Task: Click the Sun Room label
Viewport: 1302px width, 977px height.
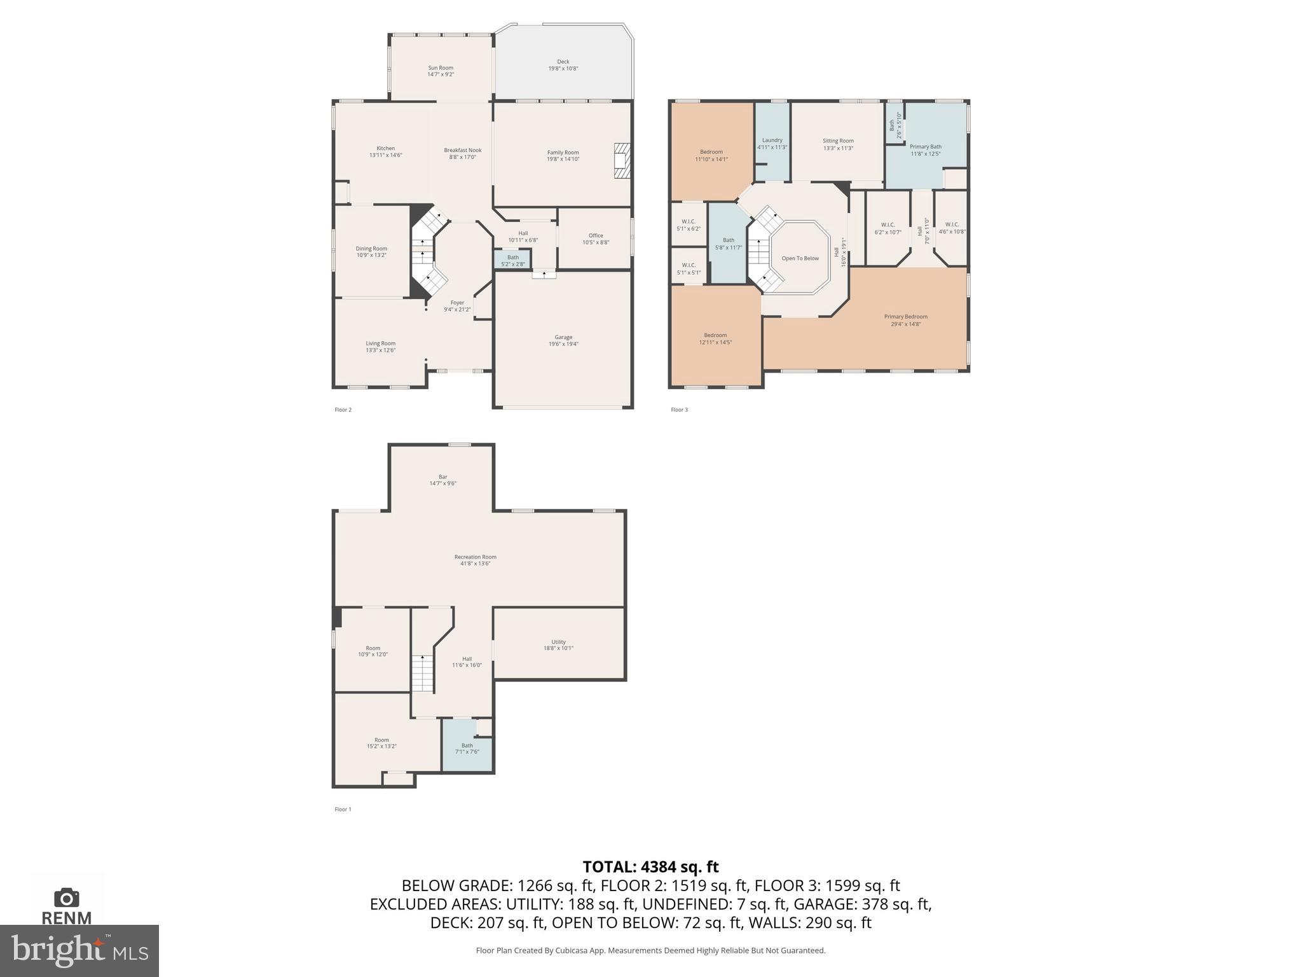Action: click(441, 71)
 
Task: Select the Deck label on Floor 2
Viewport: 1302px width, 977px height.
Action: click(563, 65)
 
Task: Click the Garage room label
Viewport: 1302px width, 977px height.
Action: click(563, 340)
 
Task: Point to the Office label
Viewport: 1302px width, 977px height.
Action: click(596, 239)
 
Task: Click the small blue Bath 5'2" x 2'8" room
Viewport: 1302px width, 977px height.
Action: click(512, 260)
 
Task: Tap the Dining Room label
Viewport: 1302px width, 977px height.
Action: click(371, 252)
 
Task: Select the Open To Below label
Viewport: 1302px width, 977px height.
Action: click(800, 258)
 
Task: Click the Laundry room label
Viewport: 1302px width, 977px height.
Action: click(772, 144)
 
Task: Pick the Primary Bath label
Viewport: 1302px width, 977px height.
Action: click(925, 150)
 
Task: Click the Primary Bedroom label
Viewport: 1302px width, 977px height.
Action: click(905, 320)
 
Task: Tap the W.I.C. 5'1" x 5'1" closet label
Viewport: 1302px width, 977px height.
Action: click(689, 268)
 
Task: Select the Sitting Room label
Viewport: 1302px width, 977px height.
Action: click(838, 144)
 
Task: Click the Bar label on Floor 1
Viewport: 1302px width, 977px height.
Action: click(442, 480)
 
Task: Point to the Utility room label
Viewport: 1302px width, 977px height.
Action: click(558, 645)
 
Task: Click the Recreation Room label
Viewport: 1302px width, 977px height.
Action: click(475, 560)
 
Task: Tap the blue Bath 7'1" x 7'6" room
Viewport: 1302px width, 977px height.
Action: click(467, 749)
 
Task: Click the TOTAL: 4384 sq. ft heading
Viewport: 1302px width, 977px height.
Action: click(650, 866)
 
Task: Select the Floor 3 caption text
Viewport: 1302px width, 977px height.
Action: click(679, 410)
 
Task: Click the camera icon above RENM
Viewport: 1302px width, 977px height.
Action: click(67, 897)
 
